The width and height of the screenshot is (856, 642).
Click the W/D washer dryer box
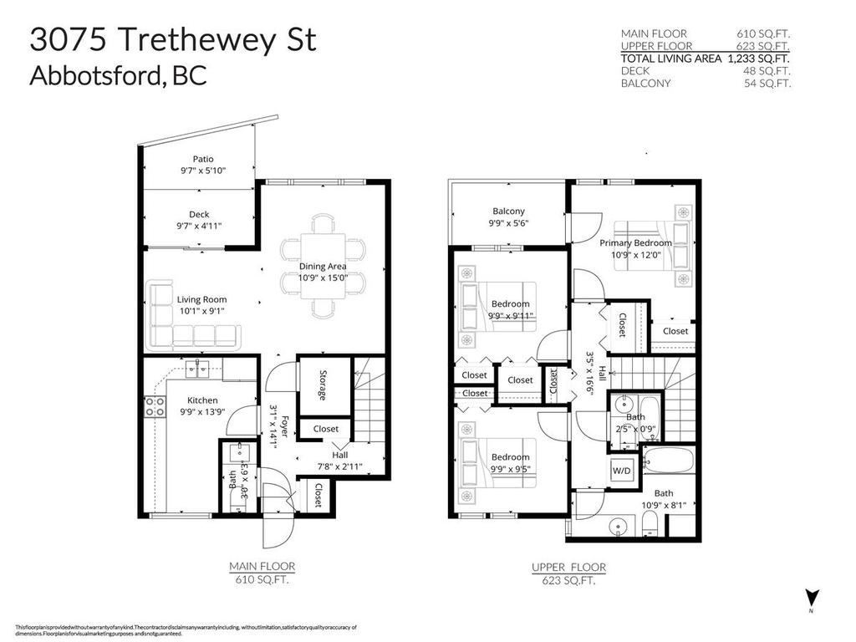pyautogui.click(x=622, y=470)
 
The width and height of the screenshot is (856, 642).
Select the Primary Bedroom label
pyautogui.click(x=635, y=242)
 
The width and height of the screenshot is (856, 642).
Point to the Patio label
pyautogui.click(x=203, y=159)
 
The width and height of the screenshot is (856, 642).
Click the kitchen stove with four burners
pyautogui.click(x=155, y=406)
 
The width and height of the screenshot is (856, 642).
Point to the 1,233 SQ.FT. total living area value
pyautogui.click(x=758, y=59)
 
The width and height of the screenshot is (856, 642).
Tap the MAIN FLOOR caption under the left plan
pyautogui.click(x=262, y=566)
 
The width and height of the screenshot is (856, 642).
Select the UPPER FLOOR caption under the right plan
pyautogui.click(x=568, y=567)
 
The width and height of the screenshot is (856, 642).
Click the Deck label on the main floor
pyautogui.click(x=199, y=214)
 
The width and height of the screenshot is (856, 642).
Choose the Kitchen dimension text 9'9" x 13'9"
pyautogui.click(x=201, y=412)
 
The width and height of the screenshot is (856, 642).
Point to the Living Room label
pyautogui.click(x=201, y=299)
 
